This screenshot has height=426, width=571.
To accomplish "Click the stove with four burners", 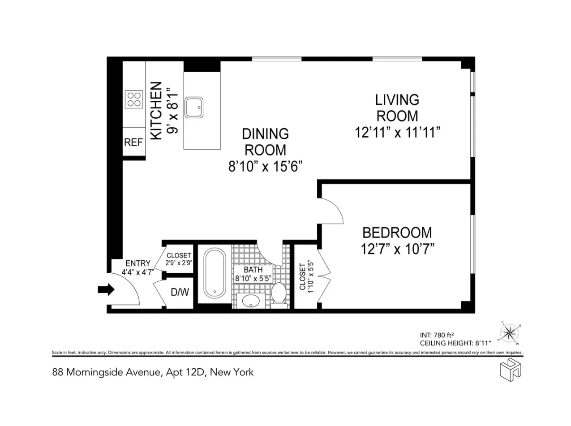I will click(134, 99).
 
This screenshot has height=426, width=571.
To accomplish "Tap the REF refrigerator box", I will click(133, 143).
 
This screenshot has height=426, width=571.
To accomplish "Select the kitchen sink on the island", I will click(194, 108).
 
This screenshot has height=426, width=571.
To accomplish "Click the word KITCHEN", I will click(156, 111).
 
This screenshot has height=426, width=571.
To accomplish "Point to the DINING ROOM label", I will click(265, 142).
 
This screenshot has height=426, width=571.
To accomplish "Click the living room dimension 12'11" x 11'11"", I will click(397, 133).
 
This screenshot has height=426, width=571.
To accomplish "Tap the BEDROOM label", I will click(397, 233).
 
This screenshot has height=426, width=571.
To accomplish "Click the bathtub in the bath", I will click(215, 273).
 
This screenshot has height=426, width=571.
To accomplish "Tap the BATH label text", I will click(253, 270).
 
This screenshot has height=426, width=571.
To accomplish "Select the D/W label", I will click(180, 293).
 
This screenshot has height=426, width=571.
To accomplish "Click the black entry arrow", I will click(106, 290).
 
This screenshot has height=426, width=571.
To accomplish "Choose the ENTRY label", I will click(137, 263).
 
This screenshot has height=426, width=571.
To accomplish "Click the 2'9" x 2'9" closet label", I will click(179, 259).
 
